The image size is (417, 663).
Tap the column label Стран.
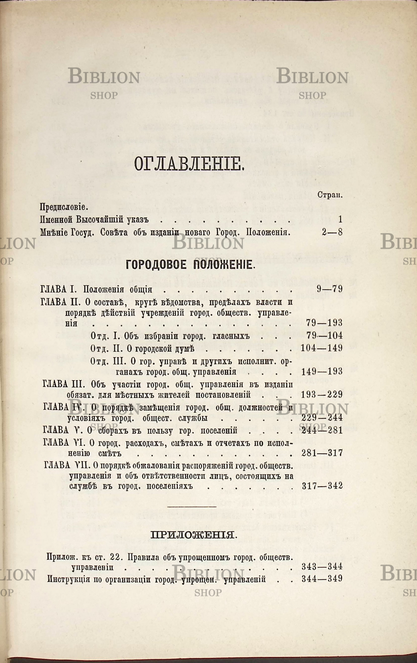pyautogui.click(x=330, y=195)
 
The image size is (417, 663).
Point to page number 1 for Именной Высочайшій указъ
pyautogui.click(x=340, y=219)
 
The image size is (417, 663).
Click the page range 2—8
pyautogui.click(x=332, y=232)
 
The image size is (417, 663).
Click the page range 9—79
pyautogui.click(x=329, y=289)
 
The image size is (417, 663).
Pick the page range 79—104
pyautogui.click(x=325, y=336)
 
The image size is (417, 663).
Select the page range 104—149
pyautogui.click(x=322, y=348)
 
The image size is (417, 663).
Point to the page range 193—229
pyautogui.click(x=322, y=395)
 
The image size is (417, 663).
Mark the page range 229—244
pyautogui.click(x=322, y=418)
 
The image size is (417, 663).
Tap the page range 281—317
pyautogui.click(x=322, y=453)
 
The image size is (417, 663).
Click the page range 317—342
pyautogui.click(x=322, y=486)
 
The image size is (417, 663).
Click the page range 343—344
pyautogui.click(x=322, y=567)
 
